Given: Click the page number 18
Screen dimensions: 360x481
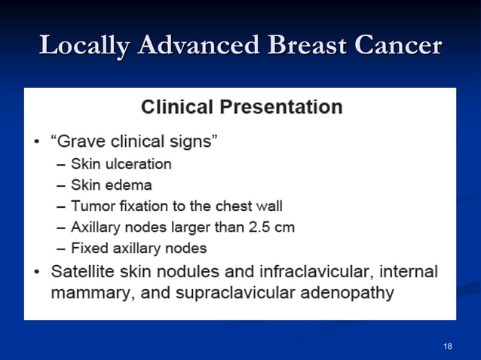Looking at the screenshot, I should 448,346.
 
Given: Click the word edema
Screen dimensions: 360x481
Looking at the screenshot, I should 128,185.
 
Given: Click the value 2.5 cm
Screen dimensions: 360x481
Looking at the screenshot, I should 269,227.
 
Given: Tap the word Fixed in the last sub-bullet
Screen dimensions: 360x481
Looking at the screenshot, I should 89,248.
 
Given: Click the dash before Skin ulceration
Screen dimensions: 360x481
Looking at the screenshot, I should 60,164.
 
